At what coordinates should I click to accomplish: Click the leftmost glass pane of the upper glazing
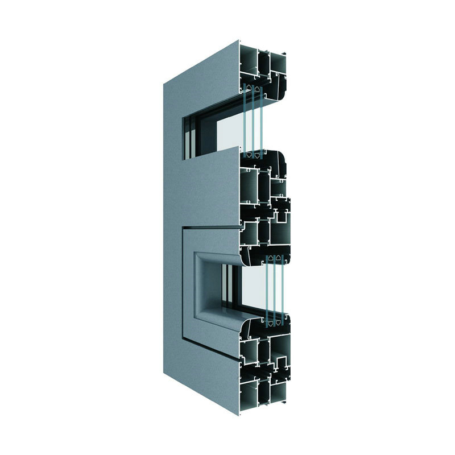coord(245,119)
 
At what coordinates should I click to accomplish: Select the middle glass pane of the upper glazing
coord(253,119)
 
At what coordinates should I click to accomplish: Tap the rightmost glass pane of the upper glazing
coord(261,119)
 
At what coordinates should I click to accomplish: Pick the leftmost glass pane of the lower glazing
coord(267,287)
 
